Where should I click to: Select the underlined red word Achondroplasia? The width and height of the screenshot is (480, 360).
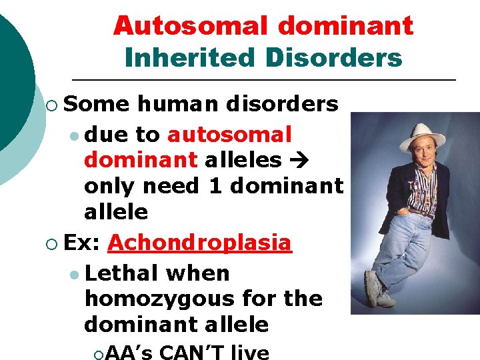[x=200, y=243]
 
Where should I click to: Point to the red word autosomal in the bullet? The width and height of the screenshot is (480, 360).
[x=230, y=135]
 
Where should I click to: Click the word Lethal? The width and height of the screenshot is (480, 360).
[x=123, y=273]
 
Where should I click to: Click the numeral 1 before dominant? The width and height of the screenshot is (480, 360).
[x=215, y=187]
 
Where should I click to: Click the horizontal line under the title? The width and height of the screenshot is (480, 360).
[x=263, y=80]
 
